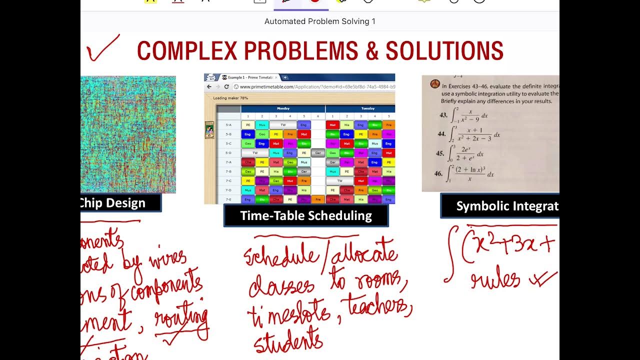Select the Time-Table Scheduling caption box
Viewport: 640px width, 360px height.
coord(306,215)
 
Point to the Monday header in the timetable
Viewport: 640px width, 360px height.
coord(283,108)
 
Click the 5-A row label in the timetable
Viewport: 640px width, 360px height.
coord(228,125)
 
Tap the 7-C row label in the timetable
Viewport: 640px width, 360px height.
coord(228,180)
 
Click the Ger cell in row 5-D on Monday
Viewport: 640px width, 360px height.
coord(317,153)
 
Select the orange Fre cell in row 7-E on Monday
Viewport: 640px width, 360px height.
coord(317,199)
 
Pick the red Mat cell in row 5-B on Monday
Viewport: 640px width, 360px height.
coord(303,134)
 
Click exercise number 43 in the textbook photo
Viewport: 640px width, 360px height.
coord(443,115)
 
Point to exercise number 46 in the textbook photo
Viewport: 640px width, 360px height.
coord(438,173)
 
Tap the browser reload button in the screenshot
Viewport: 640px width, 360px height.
coord(226,86)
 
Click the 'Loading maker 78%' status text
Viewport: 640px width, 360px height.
coord(230,98)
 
